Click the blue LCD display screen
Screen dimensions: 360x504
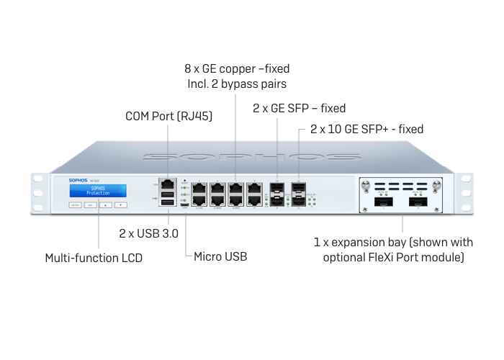pyautogui.click(x=98, y=190)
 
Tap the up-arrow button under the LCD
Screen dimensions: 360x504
pyautogui.click(x=105, y=205)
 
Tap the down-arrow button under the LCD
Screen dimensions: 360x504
pyautogui.click(x=120, y=205)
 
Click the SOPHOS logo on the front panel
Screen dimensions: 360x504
pyautogui.click(x=79, y=181)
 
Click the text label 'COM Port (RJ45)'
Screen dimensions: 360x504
pyautogui.click(x=168, y=115)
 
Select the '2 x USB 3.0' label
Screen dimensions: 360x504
pyautogui.click(x=148, y=233)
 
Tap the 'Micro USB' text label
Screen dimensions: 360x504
pyautogui.click(x=220, y=256)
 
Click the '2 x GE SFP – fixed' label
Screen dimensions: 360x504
pyautogui.click(x=299, y=108)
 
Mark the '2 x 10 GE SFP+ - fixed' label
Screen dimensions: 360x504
pyautogui.click(x=366, y=130)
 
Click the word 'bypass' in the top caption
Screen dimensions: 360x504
pyautogui.click(x=246, y=84)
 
